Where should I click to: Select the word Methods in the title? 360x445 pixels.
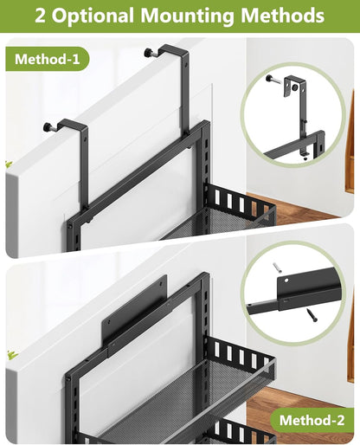click(286, 16)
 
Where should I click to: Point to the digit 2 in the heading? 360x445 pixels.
click(41, 16)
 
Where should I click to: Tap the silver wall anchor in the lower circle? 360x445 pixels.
click(277, 267)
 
